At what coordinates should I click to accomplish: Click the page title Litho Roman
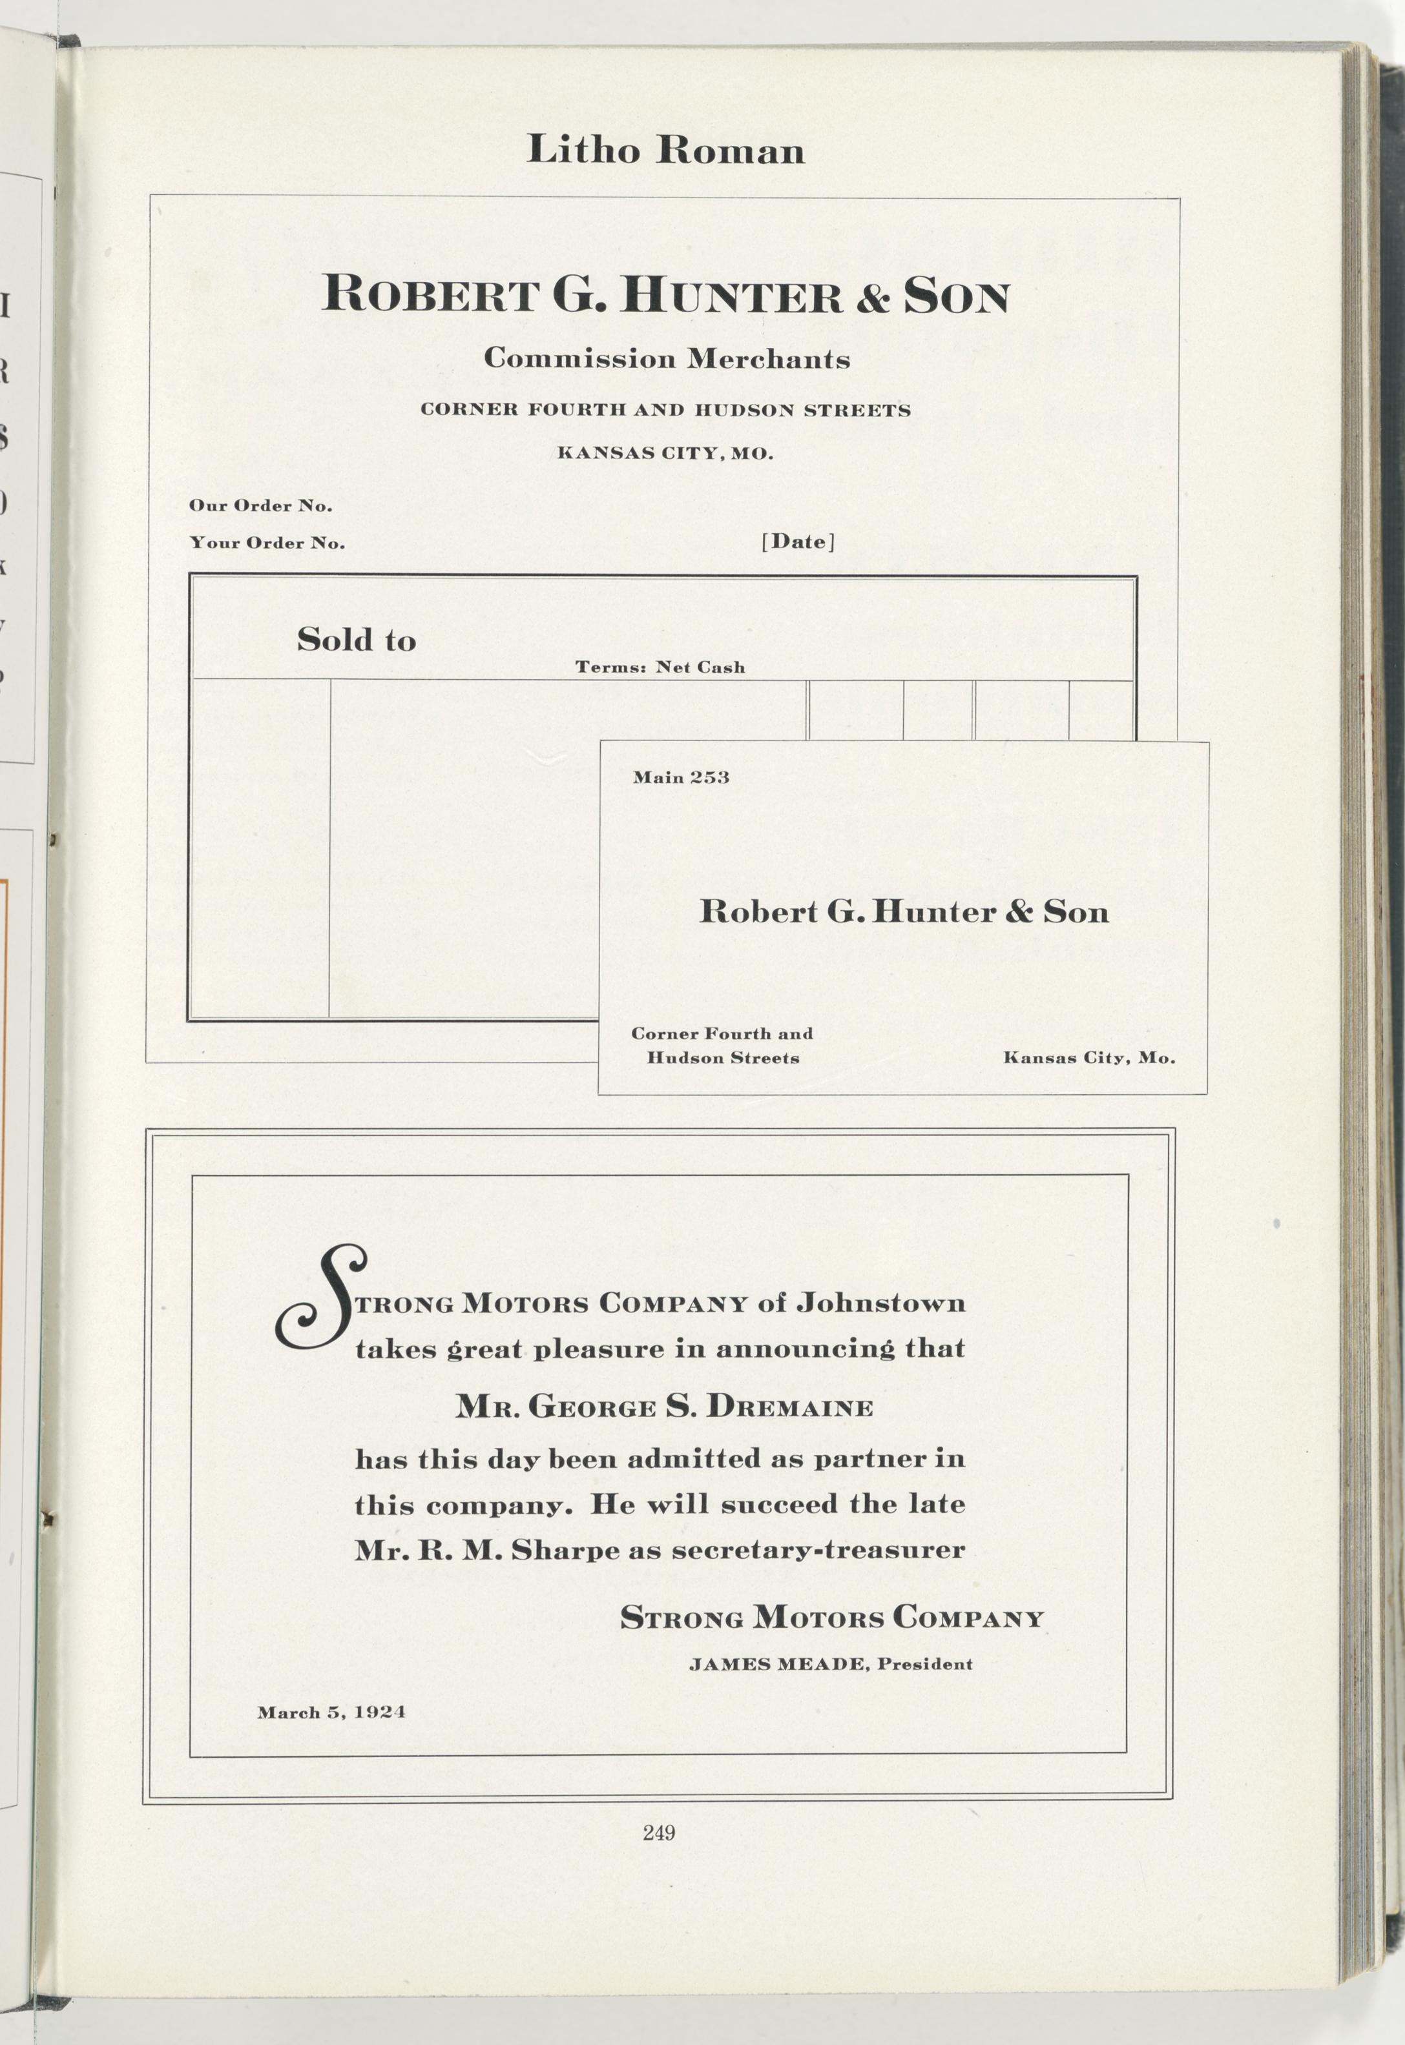[x=665, y=150]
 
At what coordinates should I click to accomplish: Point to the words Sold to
[x=357, y=640]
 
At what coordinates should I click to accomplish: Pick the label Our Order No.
[x=260, y=506]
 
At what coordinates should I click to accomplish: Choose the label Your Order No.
[x=267, y=543]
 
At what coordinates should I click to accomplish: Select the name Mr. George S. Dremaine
[x=665, y=1407]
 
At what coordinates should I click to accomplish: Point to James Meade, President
[x=831, y=1664]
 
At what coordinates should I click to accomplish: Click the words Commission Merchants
[x=667, y=359]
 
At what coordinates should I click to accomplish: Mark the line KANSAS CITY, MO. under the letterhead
[x=665, y=454]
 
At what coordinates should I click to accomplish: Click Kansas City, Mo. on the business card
[x=1089, y=1058]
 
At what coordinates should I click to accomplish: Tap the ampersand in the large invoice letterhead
[x=873, y=296]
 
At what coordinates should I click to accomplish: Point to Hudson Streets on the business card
[x=723, y=1058]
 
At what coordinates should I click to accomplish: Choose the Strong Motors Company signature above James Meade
[x=832, y=1618]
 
